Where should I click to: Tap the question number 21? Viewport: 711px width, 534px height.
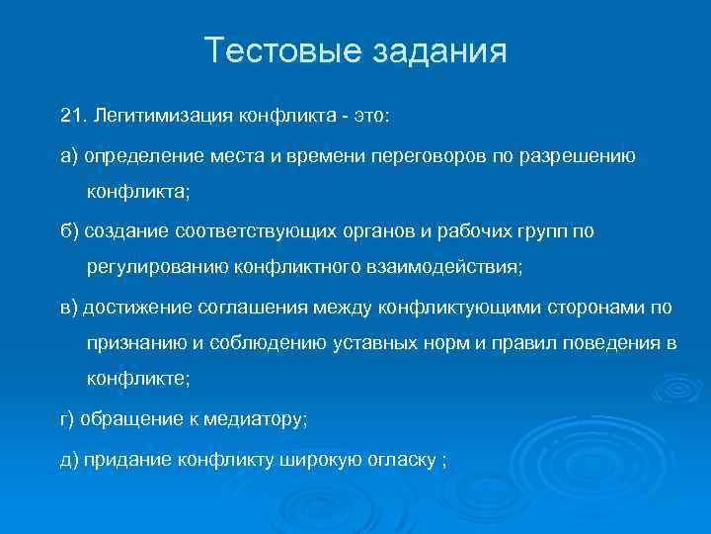(72, 118)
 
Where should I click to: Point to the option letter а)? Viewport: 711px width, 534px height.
(69, 156)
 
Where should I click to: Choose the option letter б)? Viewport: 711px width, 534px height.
(69, 230)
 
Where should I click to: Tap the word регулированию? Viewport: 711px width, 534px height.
(156, 266)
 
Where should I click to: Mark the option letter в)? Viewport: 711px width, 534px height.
(69, 308)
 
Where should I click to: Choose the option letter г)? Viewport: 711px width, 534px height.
(68, 419)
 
